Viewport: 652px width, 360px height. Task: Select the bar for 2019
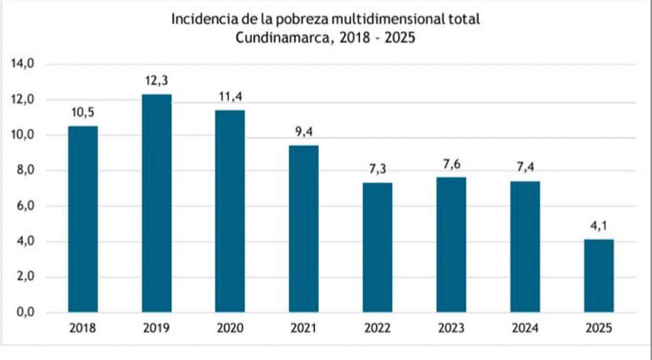click(157, 203)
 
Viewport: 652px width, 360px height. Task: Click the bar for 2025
click(599, 276)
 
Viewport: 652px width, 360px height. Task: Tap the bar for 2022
click(377, 247)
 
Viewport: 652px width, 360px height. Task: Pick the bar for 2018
click(82, 219)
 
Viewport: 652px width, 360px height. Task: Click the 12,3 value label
click(157, 81)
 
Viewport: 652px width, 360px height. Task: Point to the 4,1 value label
click(599, 227)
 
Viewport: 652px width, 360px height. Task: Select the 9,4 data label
click(304, 133)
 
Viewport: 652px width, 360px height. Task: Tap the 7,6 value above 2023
click(451, 164)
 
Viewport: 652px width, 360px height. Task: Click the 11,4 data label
click(230, 98)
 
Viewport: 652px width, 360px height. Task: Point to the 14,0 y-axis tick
click(23, 64)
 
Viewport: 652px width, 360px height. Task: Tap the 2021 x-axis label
click(304, 328)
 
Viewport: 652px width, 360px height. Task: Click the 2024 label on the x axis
click(525, 328)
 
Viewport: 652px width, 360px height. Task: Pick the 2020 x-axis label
click(230, 328)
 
